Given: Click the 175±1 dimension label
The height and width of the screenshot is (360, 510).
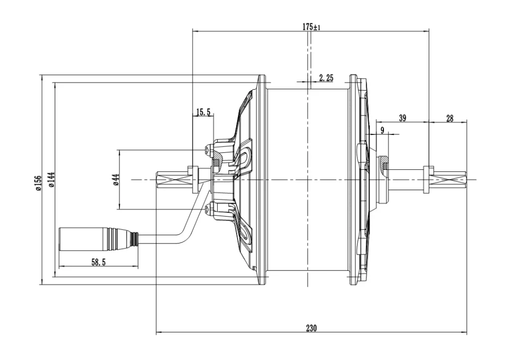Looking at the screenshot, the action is (x=311, y=27).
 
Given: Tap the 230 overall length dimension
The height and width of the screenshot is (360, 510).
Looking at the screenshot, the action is (x=311, y=328).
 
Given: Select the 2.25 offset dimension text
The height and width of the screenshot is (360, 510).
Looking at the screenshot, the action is (x=326, y=78).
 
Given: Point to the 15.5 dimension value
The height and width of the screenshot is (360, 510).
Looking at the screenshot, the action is (x=203, y=113).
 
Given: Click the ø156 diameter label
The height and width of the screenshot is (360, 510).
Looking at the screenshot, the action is (x=38, y=183).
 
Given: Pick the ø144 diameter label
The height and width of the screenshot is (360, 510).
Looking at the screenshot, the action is (x=51, y=180).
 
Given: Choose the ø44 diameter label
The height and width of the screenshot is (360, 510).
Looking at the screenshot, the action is (x=117, y=180).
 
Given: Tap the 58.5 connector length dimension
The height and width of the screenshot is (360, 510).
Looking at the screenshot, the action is (x=98, y=262).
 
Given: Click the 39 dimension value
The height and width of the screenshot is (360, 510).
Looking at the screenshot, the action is (x=402, y=118).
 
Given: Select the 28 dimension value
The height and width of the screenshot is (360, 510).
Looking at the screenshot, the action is (x=450, y=119).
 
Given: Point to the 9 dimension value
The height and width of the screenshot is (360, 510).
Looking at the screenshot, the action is (x=382, y=130).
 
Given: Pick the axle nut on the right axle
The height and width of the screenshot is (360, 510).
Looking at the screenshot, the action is (x=428, y=180).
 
